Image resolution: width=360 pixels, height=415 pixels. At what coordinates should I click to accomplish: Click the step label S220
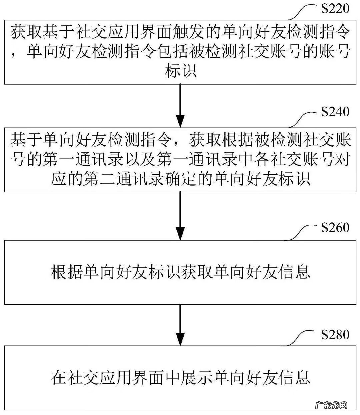(335, 9)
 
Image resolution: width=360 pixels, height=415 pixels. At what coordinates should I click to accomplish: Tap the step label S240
(335, 111)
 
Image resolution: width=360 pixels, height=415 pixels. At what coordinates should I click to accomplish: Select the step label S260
(335, 228)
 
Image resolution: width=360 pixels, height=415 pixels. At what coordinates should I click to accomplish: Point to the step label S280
(335, 334)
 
